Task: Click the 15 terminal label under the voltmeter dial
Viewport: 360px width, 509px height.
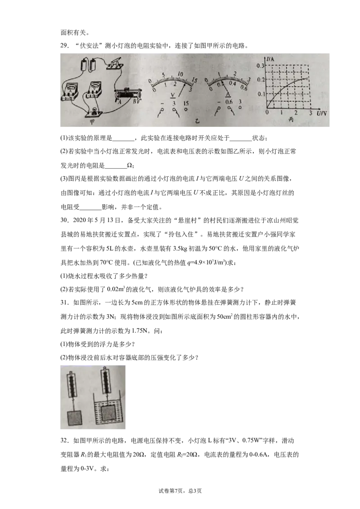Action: [x=186, y=103]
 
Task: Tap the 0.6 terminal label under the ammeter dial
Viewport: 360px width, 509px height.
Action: [x=229, y=102]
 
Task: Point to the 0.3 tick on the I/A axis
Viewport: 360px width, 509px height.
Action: [x=261, y=66]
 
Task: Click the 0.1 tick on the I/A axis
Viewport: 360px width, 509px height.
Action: [x=261, y=94]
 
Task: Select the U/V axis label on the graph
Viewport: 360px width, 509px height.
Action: [x=321, y=113]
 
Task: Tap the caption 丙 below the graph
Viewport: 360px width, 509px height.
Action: [x=291, y=120]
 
